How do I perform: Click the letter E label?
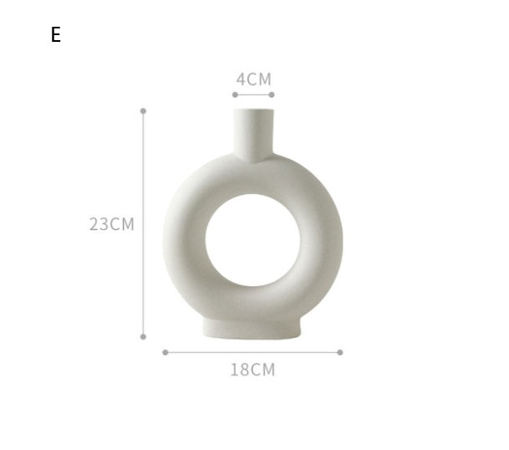pos(56,35)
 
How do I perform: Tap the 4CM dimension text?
pos(253,79)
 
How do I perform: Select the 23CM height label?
pos(112,224)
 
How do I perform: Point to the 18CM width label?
pos(252,370)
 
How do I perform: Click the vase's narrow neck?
pos(253,134)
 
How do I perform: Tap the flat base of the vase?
pos(252,327)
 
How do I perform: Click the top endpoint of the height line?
pos(143,110)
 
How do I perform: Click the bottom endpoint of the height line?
pos(143,337)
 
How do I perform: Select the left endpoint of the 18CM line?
pos(165,352)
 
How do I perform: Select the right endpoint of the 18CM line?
pos(340,352)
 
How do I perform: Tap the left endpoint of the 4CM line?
pos(234,95)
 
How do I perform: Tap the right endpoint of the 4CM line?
pos(272,95)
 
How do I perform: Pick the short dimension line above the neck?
pos(253,95)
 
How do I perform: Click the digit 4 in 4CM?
pos(241,79)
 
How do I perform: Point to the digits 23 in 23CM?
pos(99,224)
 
